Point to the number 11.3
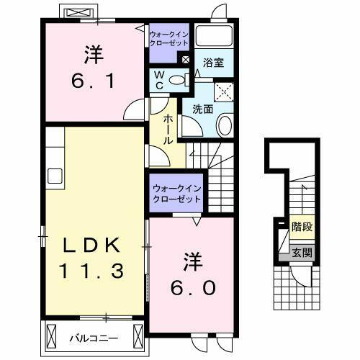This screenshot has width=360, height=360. click(89, 271)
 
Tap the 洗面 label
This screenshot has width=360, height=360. click(202, 109)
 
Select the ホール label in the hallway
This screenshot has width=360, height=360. click(167, 130)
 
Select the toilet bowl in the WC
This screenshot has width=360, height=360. click(181, 78)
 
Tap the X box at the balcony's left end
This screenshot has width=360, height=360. click(51, 336)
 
